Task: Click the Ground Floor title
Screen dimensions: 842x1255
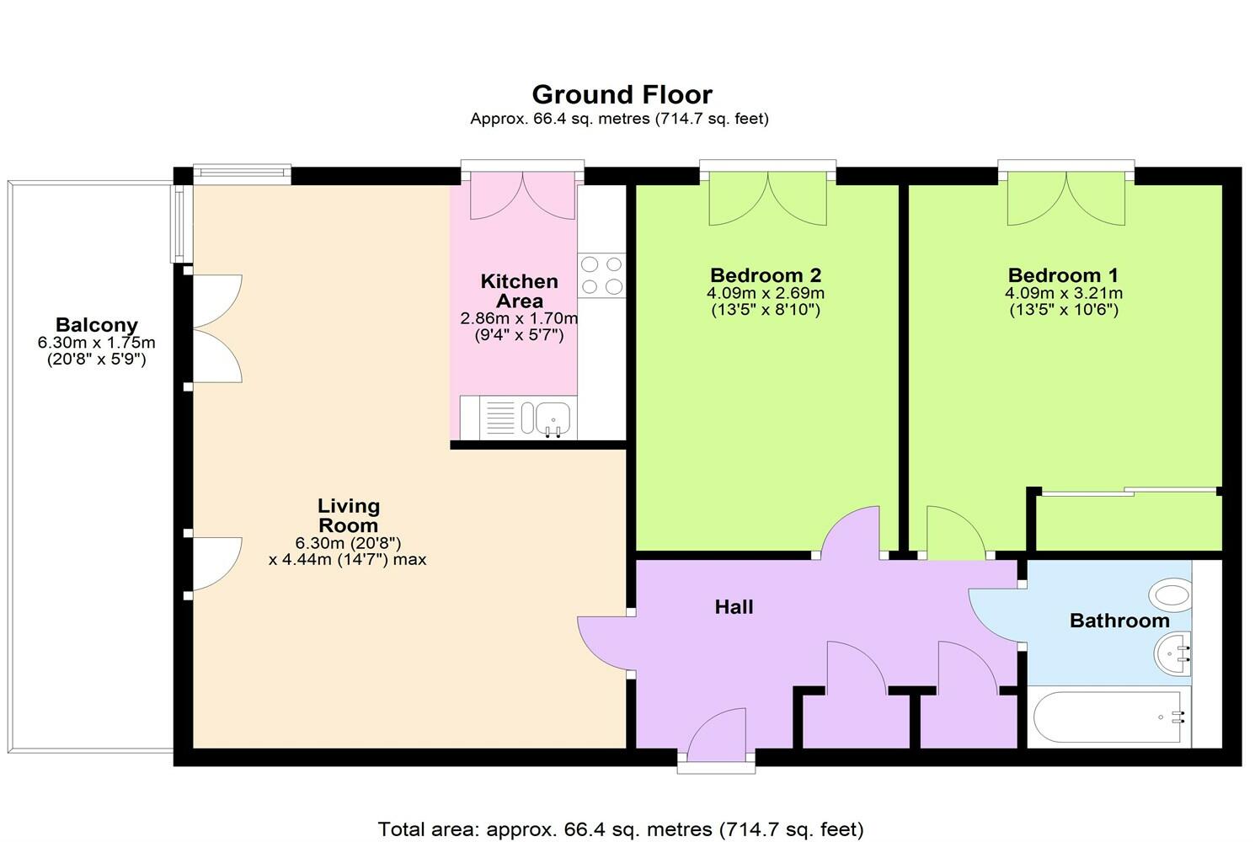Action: pos(622,94)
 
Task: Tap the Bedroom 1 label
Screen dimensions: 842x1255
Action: pos(1063,275)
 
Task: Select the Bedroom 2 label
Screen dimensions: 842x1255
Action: pos(766,275)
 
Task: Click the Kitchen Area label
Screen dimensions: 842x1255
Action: pos(519,291)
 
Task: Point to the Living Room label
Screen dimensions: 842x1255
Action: pos(348,515)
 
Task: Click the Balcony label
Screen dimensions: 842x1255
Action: pos(96,325)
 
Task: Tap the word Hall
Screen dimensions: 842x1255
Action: pos(734,607)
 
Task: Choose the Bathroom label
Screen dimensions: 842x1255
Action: pos(1119,621)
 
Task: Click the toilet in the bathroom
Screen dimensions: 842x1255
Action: pos(1172,595)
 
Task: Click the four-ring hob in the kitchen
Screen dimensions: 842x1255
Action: pos(601,275)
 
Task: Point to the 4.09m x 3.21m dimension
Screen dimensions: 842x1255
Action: pos(1063,294)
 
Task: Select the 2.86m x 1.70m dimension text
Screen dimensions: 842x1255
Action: pos(519,319)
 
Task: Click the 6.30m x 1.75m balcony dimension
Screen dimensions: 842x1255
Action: pos(96,344)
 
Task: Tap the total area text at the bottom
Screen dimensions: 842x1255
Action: pos(621,829)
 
